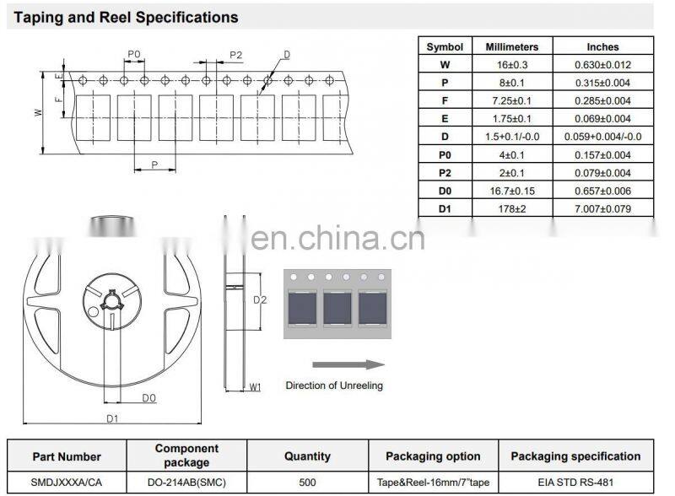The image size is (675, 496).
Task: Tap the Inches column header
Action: pos(602,47)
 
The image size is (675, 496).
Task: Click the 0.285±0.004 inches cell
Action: pos(602,100)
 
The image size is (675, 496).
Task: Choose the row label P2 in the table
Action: pos(445,173)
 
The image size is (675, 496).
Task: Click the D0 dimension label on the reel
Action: pos(148,397)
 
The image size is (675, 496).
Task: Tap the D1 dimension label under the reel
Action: pos(112,418)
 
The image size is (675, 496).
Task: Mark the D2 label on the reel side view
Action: pos(260,299)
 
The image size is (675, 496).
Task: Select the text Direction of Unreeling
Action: pos(334,385)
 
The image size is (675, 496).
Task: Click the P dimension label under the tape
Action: pos(154,164)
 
